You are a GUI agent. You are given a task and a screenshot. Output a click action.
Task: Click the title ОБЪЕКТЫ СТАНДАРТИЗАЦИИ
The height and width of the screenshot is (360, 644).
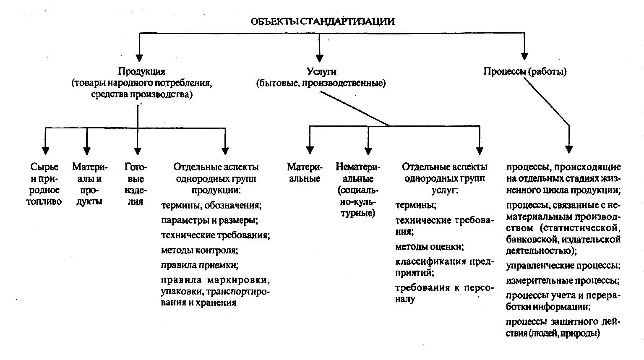click(322, 21)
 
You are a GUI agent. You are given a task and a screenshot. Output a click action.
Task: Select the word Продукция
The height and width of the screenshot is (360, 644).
click(142, 71)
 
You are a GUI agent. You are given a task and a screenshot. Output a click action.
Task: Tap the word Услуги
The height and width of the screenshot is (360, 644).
click(321, 72)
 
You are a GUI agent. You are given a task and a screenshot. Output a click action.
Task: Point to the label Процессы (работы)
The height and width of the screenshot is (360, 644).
click(525, 71)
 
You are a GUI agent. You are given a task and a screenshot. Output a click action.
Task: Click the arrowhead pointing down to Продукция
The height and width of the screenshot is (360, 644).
click(139, 58)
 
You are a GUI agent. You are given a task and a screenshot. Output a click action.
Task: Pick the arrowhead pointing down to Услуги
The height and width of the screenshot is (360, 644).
click(319, 58)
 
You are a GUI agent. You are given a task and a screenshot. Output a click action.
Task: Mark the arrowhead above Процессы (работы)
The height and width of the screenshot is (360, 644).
click(524, 56)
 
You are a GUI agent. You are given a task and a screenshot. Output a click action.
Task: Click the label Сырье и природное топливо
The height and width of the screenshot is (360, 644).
click(44, 184)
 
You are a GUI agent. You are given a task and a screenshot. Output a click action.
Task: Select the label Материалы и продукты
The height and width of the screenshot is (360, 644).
click(89, 184)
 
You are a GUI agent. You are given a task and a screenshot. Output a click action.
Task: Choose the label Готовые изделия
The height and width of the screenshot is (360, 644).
click(136, 184)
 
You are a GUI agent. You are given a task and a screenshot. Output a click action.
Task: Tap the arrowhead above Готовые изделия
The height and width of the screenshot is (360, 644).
click(138, 151)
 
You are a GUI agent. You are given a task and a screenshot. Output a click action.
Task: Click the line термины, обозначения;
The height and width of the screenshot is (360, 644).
click(211, 206)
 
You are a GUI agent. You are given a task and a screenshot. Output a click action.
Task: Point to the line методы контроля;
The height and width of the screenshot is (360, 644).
click(200, 250)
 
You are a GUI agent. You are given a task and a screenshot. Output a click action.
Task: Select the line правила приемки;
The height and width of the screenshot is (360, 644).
click(200, 265)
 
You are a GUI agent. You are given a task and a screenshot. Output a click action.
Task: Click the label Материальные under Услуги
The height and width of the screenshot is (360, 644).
click(305, 172)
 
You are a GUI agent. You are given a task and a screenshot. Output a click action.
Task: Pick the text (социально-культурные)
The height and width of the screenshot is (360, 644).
click(358, 201)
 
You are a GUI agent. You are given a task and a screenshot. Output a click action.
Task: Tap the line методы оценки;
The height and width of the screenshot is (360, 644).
click(429, 247)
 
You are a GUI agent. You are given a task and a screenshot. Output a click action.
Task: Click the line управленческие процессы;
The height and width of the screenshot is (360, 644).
click(563, 266)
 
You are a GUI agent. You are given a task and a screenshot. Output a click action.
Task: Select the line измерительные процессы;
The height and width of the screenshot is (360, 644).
click(563, 280)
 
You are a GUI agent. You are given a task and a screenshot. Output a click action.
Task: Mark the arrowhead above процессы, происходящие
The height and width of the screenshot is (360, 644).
click(568, 149)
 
